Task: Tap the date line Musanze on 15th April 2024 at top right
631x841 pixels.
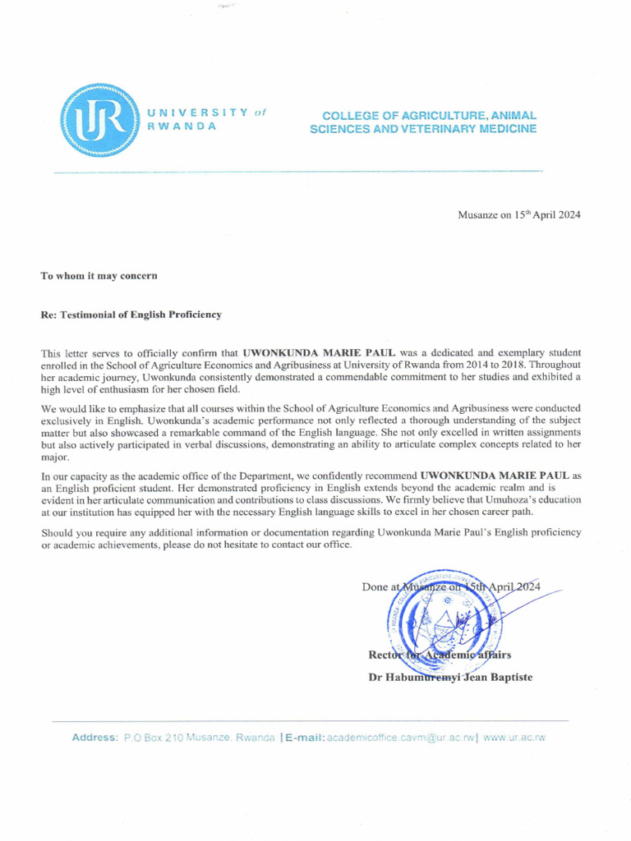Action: [x=519, y=214]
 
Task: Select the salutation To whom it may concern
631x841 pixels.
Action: [x=99, y=275]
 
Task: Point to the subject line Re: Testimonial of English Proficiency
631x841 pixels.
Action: [x=131, y=315]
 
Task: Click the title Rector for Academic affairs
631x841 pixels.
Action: [x=440, y=655]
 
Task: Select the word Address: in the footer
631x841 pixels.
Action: [x=95, y=738]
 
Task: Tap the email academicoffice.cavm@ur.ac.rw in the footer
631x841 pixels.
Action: [x=401, y=738]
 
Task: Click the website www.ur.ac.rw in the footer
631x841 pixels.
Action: [x=514, y=738]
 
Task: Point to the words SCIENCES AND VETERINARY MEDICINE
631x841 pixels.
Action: [x=423, y=130]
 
